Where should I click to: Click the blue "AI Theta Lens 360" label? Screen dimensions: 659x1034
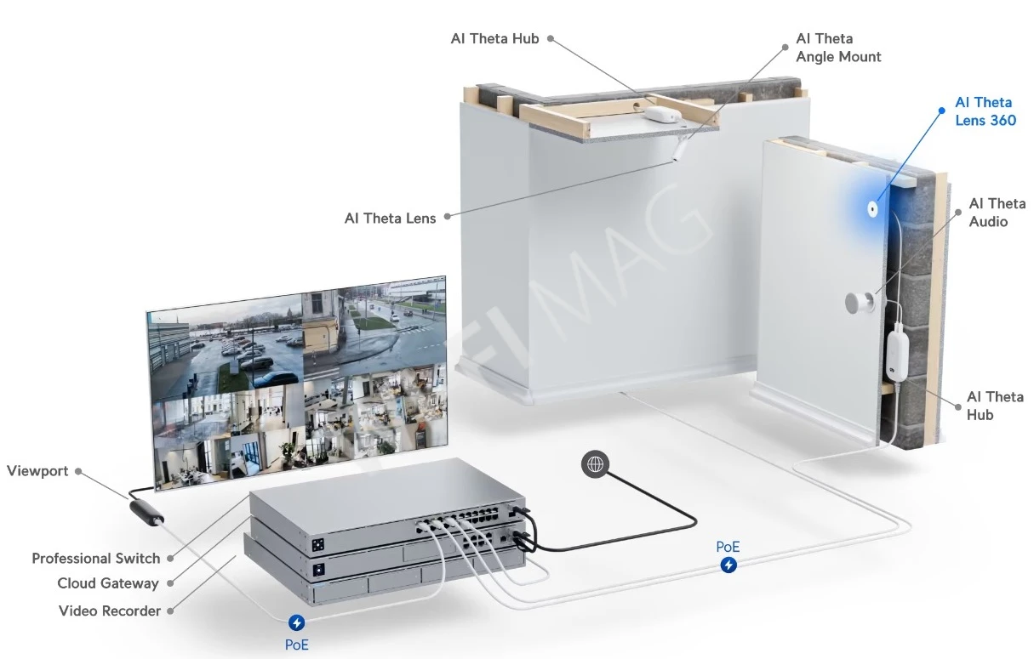click(985, 111)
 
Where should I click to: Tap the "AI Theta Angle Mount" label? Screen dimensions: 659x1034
click(837, 48)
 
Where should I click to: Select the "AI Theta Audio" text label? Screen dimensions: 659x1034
click(997, 213)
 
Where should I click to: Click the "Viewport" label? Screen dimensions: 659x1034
click(37, 471)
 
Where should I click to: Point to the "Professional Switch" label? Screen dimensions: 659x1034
click(95, 559)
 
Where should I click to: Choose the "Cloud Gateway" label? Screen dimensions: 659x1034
click(107, 583)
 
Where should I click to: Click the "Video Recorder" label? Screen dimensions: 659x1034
click(109, 611)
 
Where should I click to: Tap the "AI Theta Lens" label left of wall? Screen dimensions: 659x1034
click(390, 219)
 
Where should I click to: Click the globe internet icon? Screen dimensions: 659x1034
click(595, 464)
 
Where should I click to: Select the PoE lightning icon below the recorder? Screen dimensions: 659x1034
click(297, 623)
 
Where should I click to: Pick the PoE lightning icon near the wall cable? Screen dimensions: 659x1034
click(728, 565)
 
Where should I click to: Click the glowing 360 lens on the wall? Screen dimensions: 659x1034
click(873, 207)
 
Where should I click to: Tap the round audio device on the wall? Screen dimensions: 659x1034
click(857, 303)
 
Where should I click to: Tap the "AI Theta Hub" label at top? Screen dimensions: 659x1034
click(494, 39)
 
